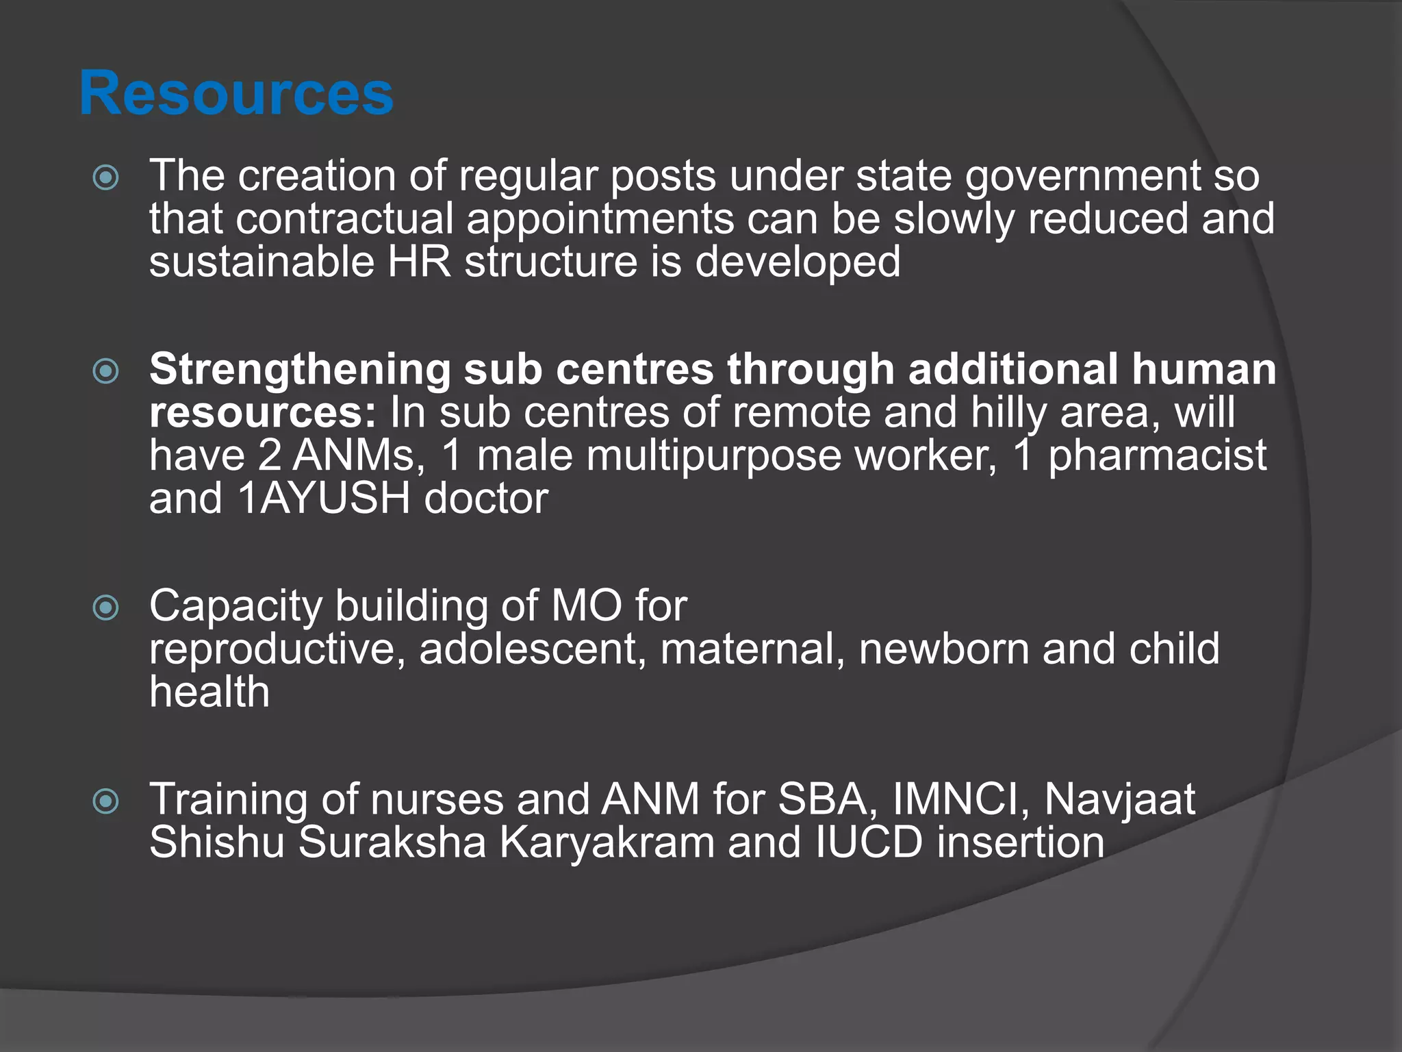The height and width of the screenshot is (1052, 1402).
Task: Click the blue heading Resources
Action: (236, 94)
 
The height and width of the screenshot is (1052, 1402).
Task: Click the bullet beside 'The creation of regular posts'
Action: (106, 178)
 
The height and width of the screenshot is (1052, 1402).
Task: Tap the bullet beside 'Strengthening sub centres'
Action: (106, 371)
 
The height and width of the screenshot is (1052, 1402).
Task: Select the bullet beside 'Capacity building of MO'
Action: (106, 608)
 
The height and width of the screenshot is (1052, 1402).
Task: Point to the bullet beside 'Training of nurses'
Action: (106, 801)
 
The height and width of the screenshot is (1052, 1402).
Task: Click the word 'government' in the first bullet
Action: (1082, 177)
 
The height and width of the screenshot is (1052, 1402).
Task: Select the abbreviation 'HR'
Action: (419, 262)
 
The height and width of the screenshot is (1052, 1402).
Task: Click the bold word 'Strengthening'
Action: (300, 370)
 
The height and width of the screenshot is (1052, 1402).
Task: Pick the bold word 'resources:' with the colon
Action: (263, 413)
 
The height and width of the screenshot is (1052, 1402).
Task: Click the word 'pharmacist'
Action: (1157, 455)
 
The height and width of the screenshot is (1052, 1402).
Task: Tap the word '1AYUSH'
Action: (324, 499)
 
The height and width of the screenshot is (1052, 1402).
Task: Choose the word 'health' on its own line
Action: (209, 692)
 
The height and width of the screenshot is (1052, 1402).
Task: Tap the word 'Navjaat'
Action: (1119, 799)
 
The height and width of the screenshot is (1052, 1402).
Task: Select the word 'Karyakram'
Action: (607, 842)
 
